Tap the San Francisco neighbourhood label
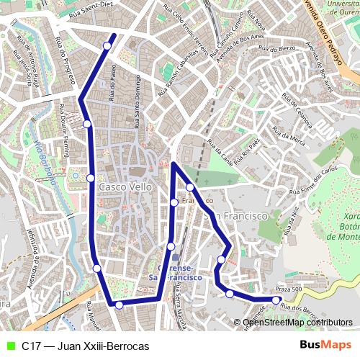point(236,215)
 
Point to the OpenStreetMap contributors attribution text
point(297,322)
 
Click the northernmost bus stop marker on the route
point(107,46)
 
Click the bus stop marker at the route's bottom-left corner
point(119,305)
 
